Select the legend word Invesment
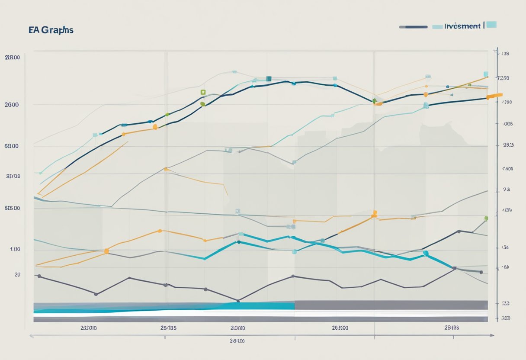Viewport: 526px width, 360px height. (x=462, y=26)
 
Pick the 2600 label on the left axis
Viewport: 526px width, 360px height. (x=12, y=105)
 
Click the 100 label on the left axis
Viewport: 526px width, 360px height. (x=15, y=249)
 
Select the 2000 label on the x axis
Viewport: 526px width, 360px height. (x=237, y=328)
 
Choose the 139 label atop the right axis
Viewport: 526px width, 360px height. (x=505, y=54)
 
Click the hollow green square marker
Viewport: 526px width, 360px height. (x=203, y=92)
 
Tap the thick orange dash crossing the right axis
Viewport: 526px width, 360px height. (x=494, y=96)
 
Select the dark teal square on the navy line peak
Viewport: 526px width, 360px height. (x=269, y=79)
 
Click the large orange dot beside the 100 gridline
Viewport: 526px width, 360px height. (x=106, y=251)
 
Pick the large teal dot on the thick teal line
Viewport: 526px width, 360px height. (x=426, y=253)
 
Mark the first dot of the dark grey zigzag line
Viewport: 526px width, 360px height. (x=39, y=276)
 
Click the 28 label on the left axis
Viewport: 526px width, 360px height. (x=17, y=274)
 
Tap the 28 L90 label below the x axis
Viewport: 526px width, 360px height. (x=237, y=341)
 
